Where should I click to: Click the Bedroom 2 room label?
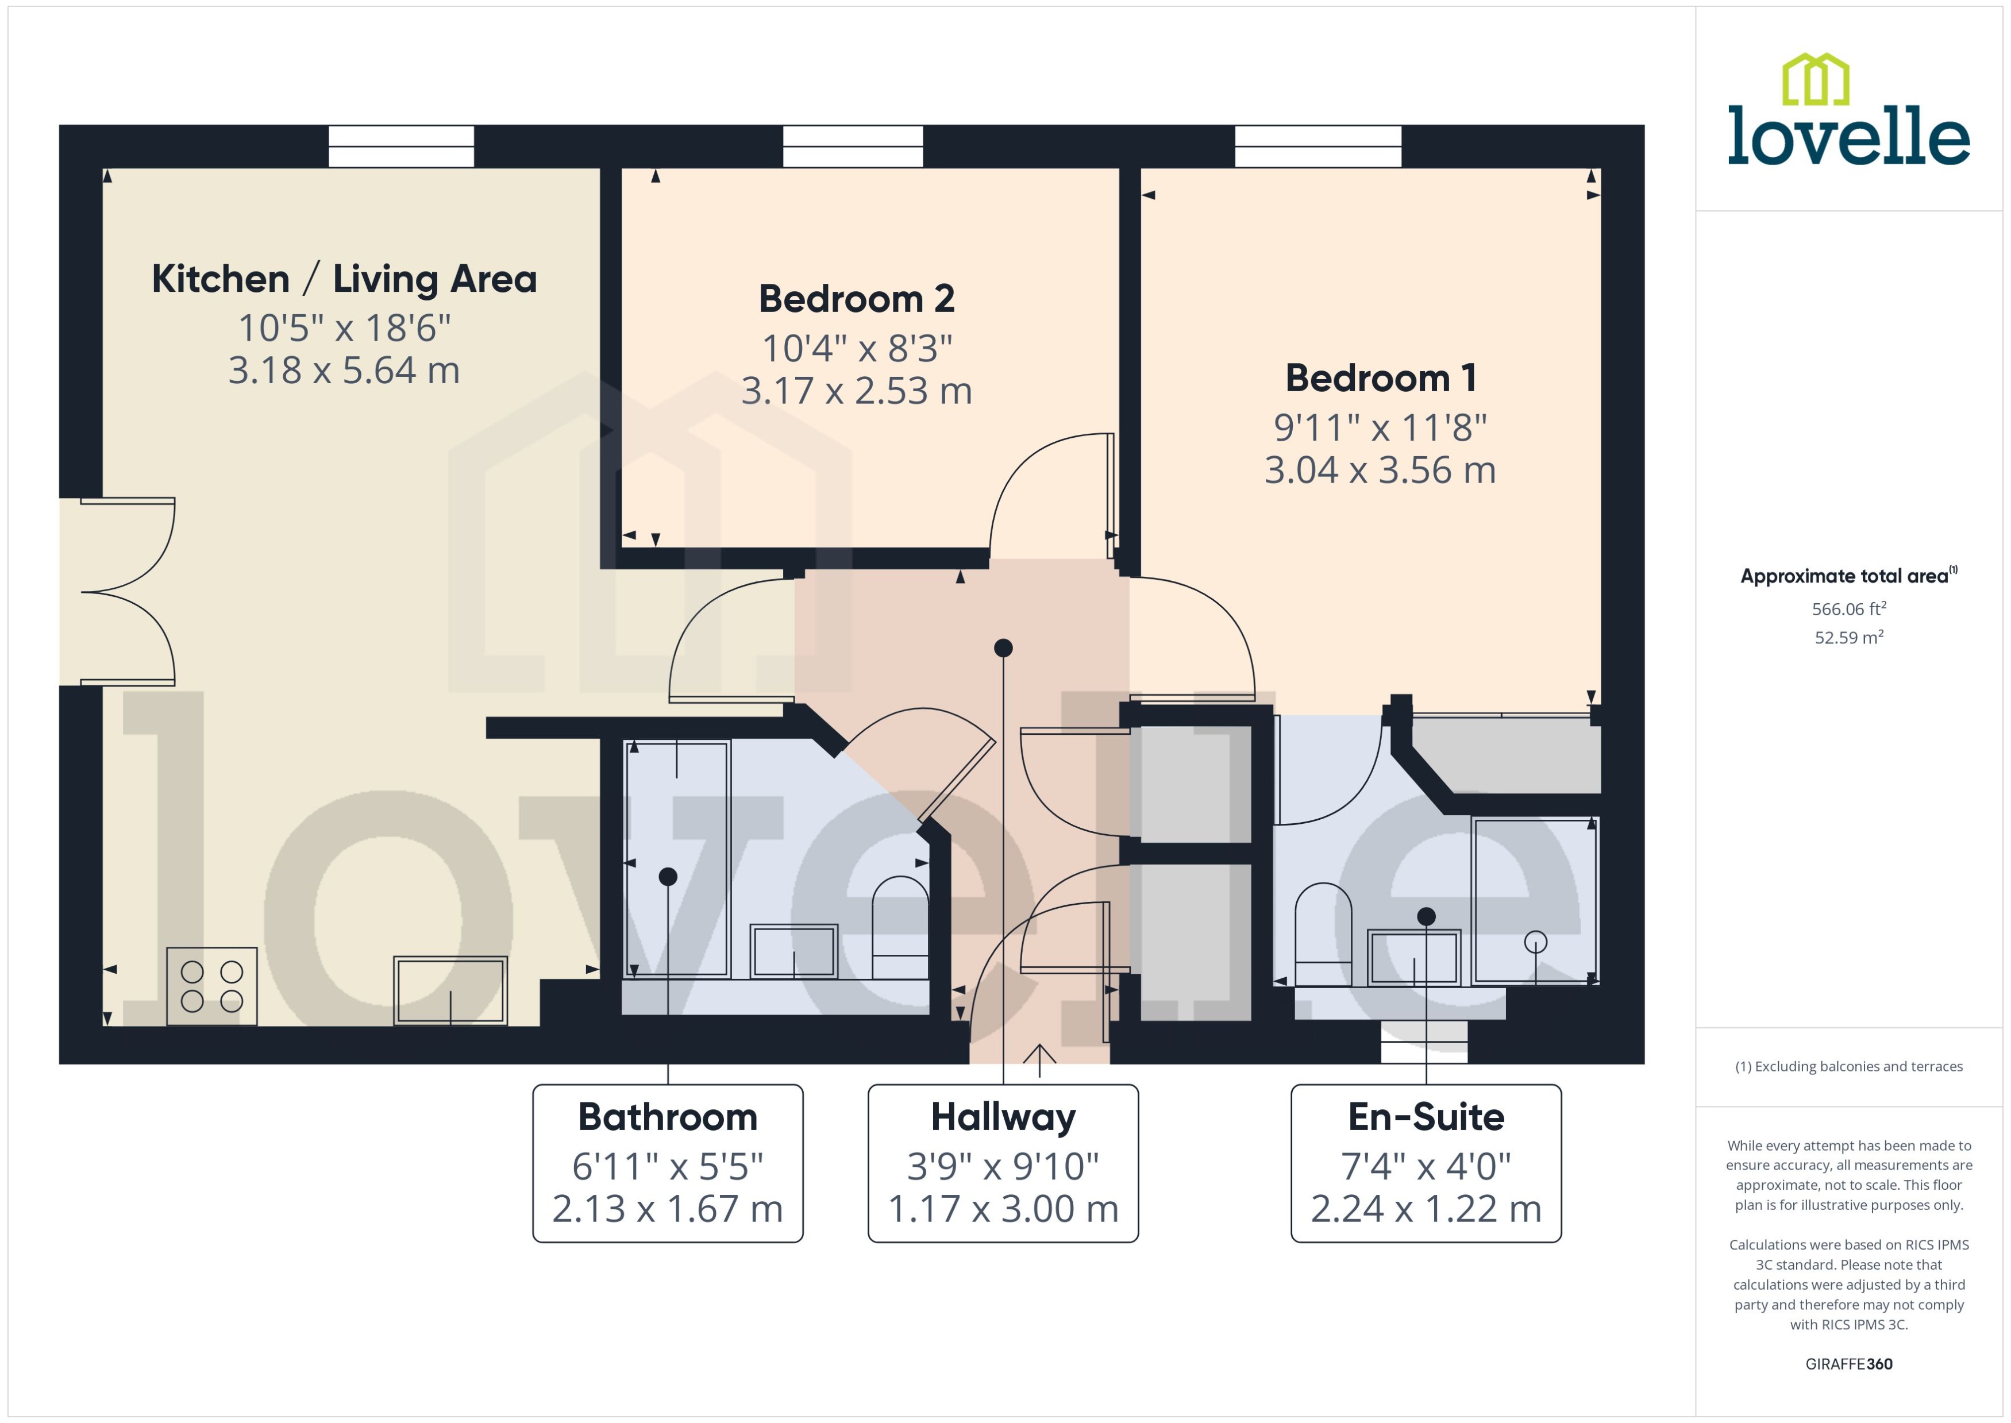[856, 299]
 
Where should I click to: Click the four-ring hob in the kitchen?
[211, 986]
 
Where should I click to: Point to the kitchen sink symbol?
[449, 991]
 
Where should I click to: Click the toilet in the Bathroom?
[900, 929]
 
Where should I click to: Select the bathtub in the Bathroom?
[676, 859]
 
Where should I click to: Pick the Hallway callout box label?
[1003, 1117]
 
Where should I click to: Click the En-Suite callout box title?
[1426, 1117]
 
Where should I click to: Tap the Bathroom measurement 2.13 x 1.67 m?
[667, 1209]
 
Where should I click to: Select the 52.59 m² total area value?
[1848, 638]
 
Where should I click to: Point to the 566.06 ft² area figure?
[1848, 609]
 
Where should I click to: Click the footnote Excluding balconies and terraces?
[1848, 1066]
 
